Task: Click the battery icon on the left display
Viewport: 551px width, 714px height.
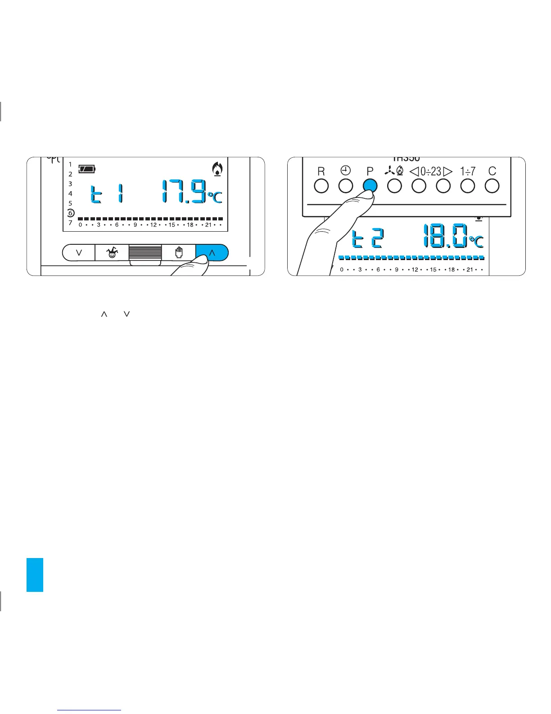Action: pos(87,169)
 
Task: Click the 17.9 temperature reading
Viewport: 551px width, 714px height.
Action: pos(185,191)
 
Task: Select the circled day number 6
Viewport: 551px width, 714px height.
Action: pos(70,213)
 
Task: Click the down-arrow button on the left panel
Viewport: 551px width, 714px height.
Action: pos(79,253)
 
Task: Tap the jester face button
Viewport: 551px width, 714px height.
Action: pos(112,253)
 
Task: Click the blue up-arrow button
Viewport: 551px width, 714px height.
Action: pos(212,253)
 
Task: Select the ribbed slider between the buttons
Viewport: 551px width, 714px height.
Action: pos(145,253)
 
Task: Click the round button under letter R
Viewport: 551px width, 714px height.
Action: pos(321,186)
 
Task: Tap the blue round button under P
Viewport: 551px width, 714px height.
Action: pos(370,186)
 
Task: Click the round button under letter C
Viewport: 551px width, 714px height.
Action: pos(492,186)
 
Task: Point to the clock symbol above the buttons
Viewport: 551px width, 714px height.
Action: pos(345,171)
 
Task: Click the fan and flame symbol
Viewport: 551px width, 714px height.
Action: pos(394,171)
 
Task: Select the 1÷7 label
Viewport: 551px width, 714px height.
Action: pos(468,171)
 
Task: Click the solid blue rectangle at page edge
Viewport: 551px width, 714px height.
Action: pos(35,574)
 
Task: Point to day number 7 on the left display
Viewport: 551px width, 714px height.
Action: pos(70,223)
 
